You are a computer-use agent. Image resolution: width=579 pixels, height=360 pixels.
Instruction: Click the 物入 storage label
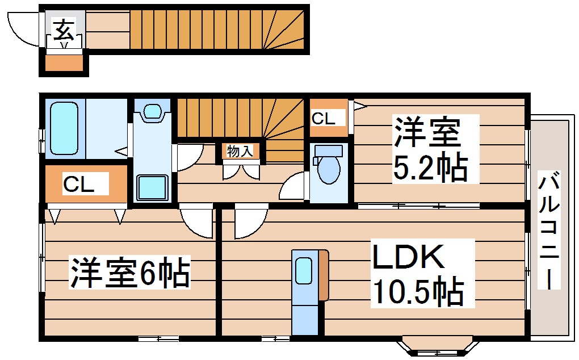(240, 151)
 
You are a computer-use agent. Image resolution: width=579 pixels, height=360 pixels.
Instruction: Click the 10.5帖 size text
(417, 291)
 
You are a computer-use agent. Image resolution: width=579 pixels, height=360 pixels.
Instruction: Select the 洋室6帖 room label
(129, 273)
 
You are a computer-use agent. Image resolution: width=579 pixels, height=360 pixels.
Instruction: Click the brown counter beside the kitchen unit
(324, 274)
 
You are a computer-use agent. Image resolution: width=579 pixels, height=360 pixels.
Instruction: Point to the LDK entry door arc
(250, 223)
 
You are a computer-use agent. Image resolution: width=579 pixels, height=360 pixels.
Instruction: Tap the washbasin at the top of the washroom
(152, 111)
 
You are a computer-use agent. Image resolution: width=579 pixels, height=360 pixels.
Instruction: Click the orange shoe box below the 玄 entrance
(64, 62)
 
